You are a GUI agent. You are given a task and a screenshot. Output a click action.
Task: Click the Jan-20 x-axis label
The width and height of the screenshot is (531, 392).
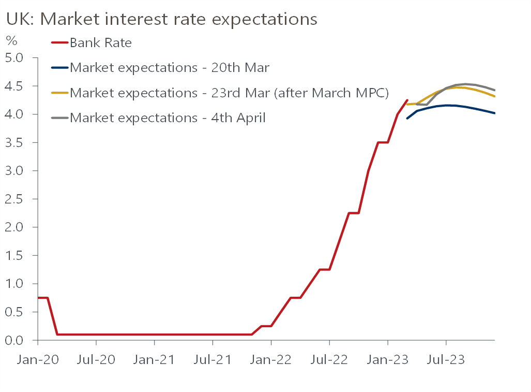[38, 359]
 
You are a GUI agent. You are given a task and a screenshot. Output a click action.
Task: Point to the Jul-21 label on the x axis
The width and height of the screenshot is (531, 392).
[213, 359]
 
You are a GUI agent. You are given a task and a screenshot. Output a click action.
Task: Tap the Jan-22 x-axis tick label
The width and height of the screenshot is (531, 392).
[271, 359]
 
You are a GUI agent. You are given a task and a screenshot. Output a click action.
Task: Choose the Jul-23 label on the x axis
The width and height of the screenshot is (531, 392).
[446, 359]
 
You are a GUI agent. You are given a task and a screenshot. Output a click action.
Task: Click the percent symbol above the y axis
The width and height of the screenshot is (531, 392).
[11, 40]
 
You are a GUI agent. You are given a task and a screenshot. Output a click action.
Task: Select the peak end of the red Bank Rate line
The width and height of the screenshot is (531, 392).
[407, 100]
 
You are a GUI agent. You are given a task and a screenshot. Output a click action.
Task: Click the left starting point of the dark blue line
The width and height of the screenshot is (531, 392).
[407, 119]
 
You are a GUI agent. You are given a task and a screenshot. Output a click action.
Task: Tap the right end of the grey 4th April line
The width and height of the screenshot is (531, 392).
[495, 90]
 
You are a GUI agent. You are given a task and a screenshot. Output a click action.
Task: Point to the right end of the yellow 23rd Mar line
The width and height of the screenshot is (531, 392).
[495, 96]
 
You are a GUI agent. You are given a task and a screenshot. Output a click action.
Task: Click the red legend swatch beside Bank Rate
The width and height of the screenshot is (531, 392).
[60, 42]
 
